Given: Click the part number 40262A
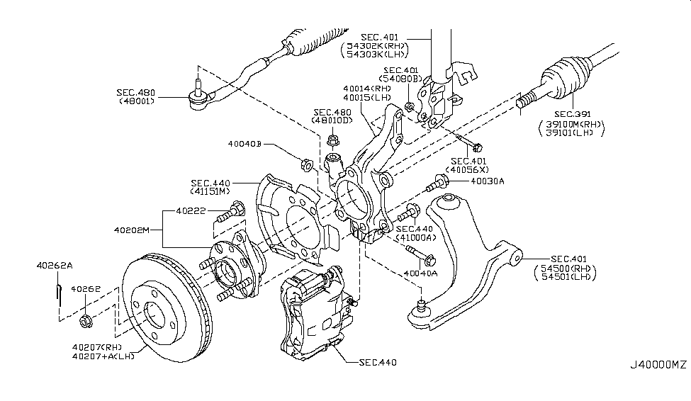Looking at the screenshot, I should [55, 266].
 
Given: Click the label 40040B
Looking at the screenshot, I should [245, 143].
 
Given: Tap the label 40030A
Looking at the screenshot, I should [488, 181].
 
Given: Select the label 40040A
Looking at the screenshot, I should [420, 272].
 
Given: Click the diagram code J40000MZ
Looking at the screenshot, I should [658, 385].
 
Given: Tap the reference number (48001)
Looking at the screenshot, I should [137, 102].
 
